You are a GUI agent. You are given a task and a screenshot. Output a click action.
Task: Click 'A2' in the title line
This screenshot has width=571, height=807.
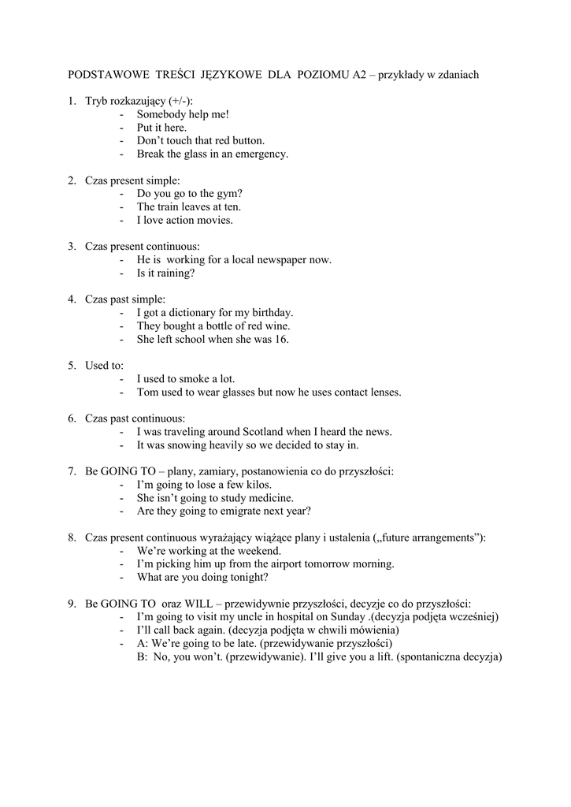coord(364,74)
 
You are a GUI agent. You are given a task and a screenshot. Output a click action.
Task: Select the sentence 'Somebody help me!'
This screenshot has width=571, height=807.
coord(183,114)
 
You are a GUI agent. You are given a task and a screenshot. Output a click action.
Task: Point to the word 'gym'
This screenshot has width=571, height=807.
coord(227,193)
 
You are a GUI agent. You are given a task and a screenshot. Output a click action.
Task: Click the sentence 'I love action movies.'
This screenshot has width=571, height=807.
coord(185,220)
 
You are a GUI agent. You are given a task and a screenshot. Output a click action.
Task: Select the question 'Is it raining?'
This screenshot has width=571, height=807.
coord(165,273)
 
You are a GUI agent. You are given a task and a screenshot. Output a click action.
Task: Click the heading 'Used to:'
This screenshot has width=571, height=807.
coord(105,366)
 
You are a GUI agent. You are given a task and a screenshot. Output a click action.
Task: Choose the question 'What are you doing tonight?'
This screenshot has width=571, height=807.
coord(202,577)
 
